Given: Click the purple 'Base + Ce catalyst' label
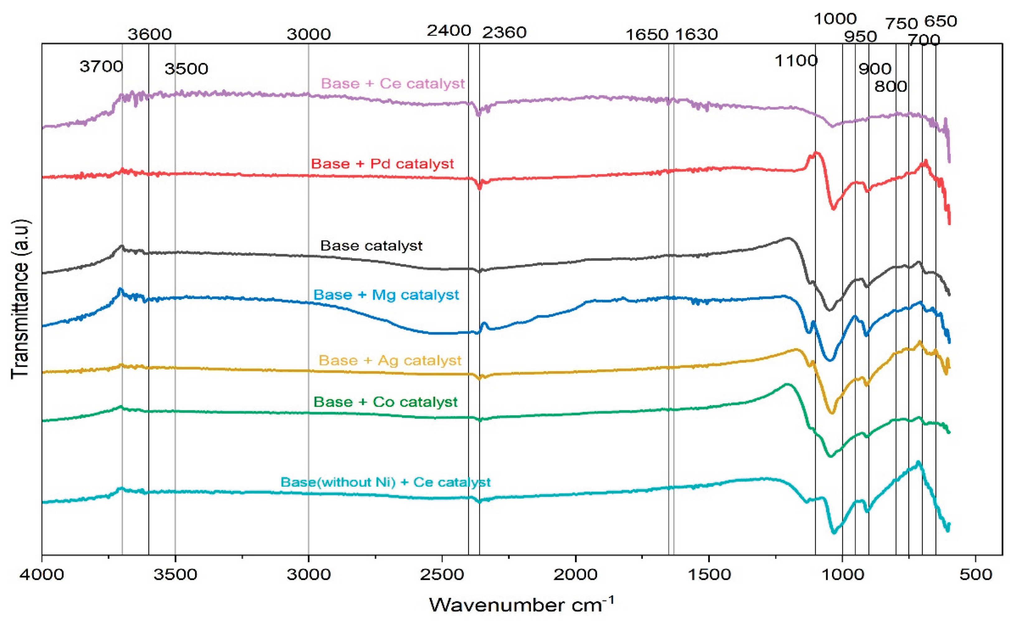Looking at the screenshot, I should pyautogui.click(x=393, y=84).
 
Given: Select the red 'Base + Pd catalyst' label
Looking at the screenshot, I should pyautogui.click(x=382, y=164).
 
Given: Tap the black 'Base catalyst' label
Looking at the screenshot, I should pyautogui.click(x=371, y=246).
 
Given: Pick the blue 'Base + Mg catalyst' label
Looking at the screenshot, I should pyautogui.click(x=386, y=295).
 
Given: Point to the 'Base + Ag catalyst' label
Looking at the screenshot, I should pyautogui.click(x=390, y=361).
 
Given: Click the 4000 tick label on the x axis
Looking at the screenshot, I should pyautogui.click(x=42, y=574).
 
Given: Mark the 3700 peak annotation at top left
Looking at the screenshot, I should pyautogui.click(x=101, y=66).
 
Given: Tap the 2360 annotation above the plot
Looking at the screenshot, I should pyautogui.click(x=504, y=32).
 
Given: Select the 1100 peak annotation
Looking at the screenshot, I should pyautogui.click(x=796, y=61).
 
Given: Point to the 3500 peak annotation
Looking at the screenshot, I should pyautogui.click(x=186, y=69).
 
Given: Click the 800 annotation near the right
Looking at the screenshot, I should pyautogui.click(x=891, y=86).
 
